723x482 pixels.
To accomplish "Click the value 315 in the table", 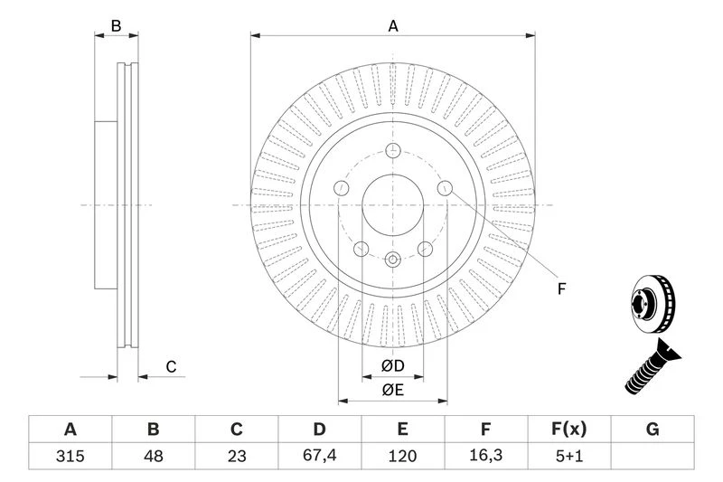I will tap(70, 456).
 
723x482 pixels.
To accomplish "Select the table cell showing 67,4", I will tap(320, 456).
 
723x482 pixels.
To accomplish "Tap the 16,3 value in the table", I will tap(486, 456).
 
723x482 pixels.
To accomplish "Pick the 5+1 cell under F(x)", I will tap(569, 456).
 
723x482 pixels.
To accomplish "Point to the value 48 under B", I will tap(154, 456).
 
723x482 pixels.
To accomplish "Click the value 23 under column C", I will tap(237, 456).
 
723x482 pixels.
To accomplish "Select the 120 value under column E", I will tap(403, 456).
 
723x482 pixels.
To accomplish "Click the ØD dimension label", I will tap(391, 366).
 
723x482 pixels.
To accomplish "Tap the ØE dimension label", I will tap(391, 390).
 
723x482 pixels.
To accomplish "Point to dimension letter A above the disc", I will tap(393, 26).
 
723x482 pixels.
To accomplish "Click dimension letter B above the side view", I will tap(116, 26).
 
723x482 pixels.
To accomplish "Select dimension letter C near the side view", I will tap(170, 366).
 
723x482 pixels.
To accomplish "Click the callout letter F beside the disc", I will tap(560, 288).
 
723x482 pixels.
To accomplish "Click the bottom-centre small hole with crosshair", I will tap(393, 260).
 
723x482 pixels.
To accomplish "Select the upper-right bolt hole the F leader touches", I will tap(445, 187).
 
